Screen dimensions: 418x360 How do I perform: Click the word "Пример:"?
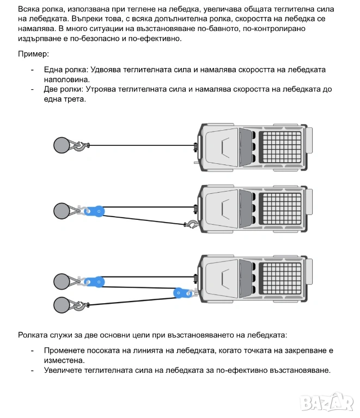[x=33, y=54]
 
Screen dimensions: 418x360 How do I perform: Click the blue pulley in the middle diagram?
[x=99, y=210]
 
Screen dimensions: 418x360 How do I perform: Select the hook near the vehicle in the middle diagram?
[x=191, y=224]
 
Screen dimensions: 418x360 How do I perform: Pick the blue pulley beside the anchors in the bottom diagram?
[x=99, y=281]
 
